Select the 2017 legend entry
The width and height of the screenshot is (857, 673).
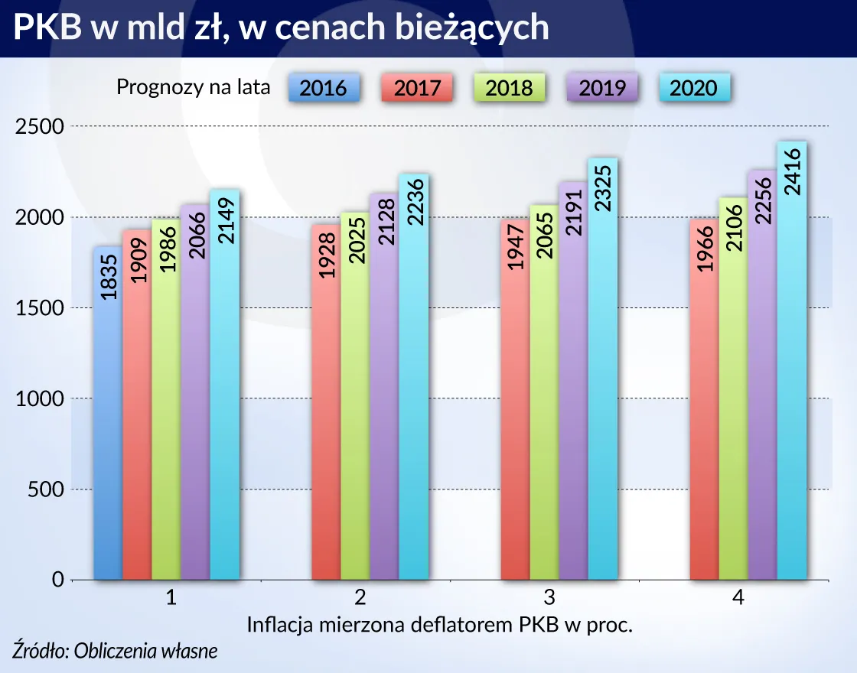point(417,88)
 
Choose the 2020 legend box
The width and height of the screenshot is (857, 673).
point(694,88)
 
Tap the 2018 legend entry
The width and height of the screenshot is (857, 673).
point(509,88)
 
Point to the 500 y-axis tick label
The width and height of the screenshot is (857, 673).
point(45,489)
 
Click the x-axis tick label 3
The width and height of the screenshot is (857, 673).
point(549,599)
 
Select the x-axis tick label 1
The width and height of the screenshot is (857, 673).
point(171,599)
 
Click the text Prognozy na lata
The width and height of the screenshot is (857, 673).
point(193,87)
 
